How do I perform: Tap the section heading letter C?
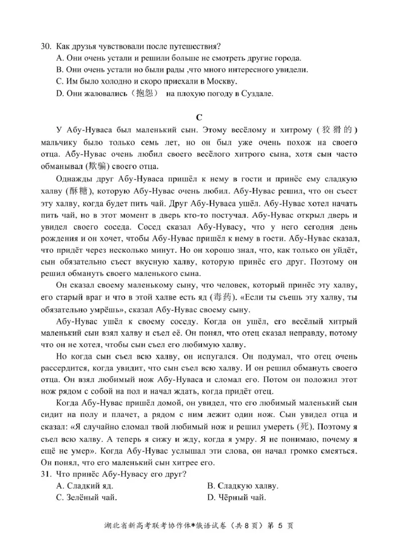(199, 117)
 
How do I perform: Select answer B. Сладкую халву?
(242, 486)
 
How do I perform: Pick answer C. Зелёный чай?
(87, 497)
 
